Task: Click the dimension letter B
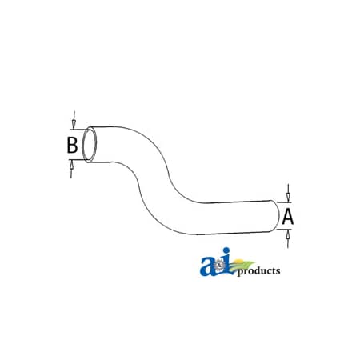pyautogui.click(x=72, y=145)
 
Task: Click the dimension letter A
pyautogui.click(x=288, y=217)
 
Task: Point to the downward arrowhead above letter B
pyautogui.click(x=74, y=124)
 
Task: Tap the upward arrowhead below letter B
pyautogui.click(x=71, y=166)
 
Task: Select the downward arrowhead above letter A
pyautogui.click(x=288, y=197)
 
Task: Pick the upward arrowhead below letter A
pyautogui.click(x=288, y=234)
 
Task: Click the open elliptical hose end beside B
pyautogui.click(x=90, y=145)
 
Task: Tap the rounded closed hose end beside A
pyautogui.click(x=276, y=215)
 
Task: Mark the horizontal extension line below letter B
pyautogui.click(x=78, y=160)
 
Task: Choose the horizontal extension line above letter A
pyautogui.click(x=284, y=202)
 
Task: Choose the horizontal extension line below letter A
pyautogui.click(x=284, y=229)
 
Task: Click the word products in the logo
pyautogui.click(x=258, y=271)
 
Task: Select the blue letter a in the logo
pyautogui.click(x=207, y=266)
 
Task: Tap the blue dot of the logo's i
pyautogui.click(x=226, y=250)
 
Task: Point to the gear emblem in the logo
pyautogui.click(x=219, y=266)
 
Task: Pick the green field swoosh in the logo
pyautogui.click(x=242, y=266)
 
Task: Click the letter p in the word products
pyautogui.click(x=240, y=273)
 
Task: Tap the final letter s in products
pyautogui.click(x=278, y=271)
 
